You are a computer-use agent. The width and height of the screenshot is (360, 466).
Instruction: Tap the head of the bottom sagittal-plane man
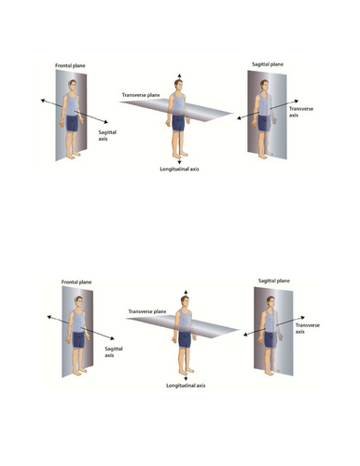[x=270, y=303]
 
